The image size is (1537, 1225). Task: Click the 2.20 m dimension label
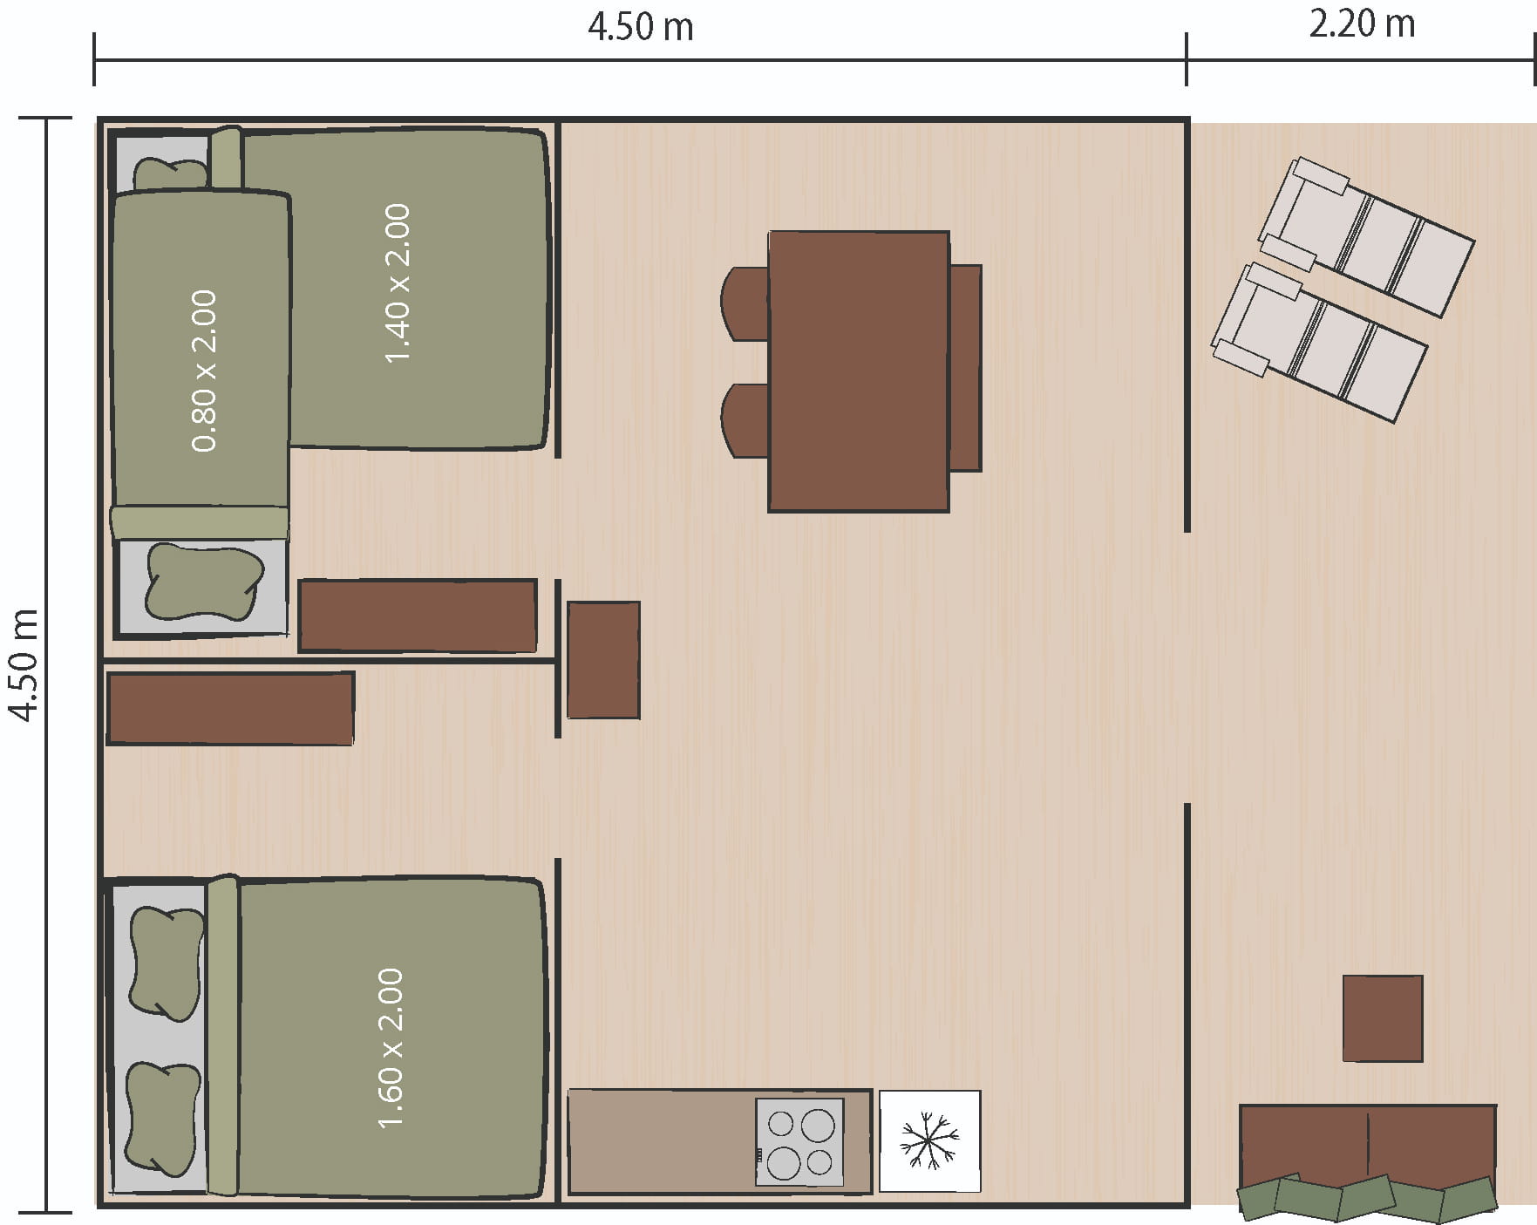(1362, 24)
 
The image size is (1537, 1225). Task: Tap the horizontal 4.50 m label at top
(641, 27)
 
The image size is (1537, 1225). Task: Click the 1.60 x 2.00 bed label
(391, 1047)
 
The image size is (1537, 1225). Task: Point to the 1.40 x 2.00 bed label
(397, 283)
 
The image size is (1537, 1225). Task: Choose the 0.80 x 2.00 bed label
(203, 371)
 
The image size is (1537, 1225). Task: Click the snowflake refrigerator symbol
(929, 1140)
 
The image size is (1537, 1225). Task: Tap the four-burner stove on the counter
(799, 1142)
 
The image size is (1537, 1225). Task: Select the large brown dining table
(859, 371)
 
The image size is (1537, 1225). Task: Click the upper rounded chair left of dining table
(745, 303)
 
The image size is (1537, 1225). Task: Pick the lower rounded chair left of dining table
(745, 420)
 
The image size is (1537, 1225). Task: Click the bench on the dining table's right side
(965, 368)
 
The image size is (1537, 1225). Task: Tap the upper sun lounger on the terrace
(1366, 235)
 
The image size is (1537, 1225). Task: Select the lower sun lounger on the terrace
(1319, 342)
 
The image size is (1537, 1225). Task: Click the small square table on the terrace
(1383, 1018)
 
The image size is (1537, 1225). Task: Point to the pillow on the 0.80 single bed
(204, 582)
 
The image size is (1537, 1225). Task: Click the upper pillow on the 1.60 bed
(165, 963)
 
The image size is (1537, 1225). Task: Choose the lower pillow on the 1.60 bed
(162, 1120)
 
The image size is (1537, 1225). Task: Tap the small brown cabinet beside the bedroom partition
(603, 660)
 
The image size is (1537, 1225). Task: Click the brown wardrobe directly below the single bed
(418, 616)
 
